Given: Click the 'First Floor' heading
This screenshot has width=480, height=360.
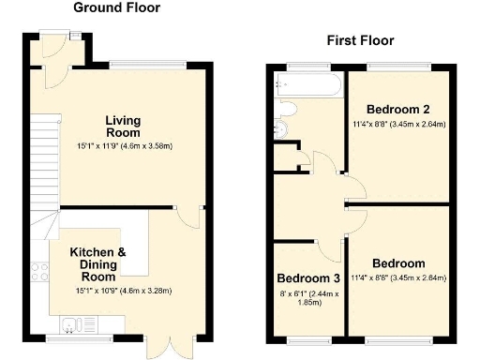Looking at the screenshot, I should click(x=360, y=40).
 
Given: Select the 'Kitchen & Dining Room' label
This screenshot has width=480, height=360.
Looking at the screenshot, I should click(x=97, y=265).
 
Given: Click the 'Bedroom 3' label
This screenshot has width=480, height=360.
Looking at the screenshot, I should click(x=308, y=278).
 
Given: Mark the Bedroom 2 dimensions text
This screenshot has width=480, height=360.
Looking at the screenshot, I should click(x=398, y=123).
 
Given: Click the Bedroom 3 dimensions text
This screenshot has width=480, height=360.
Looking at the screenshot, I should click(x=308, y=299).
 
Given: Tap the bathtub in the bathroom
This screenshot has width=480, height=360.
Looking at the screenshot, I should click(x=308, y=86).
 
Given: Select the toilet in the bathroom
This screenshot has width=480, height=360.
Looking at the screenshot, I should click(x=280, y=127).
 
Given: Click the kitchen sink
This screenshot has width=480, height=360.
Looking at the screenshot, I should click(x=73, y=323).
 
